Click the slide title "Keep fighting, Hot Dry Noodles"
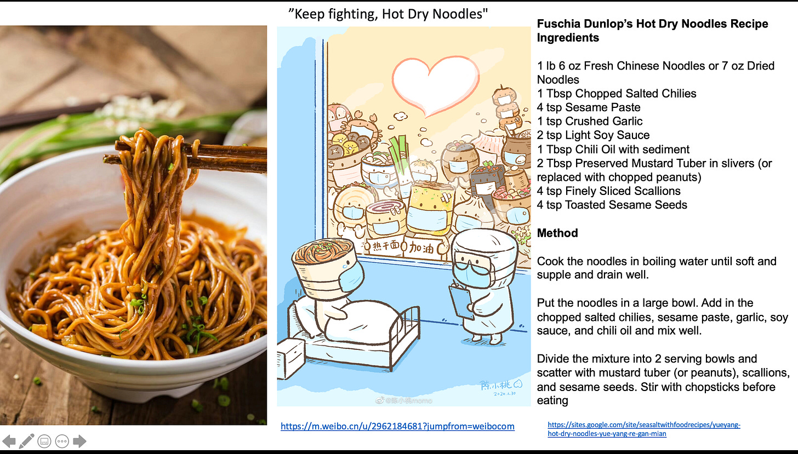point(388,14)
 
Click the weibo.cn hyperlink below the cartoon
point(397,426)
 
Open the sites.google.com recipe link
point(644,429)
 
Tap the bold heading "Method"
point(557,233)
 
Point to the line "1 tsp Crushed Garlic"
point(590,121)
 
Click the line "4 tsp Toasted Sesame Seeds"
point(612,205)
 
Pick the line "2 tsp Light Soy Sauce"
point(593,135)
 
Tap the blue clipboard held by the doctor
point(461,302)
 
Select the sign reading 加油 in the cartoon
point(421,248)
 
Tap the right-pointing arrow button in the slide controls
point(79,441)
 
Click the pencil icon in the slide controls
point(27,441)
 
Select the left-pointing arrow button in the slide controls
point(9,441)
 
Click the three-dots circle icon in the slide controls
point(62,441)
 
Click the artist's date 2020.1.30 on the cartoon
point(504,393)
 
